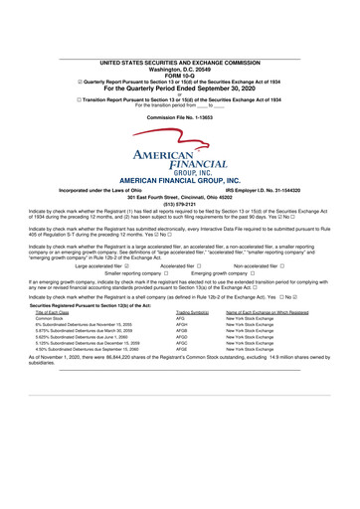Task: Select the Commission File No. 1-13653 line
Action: click(179, 117)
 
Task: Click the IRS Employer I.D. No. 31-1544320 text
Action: click(268, 188)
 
